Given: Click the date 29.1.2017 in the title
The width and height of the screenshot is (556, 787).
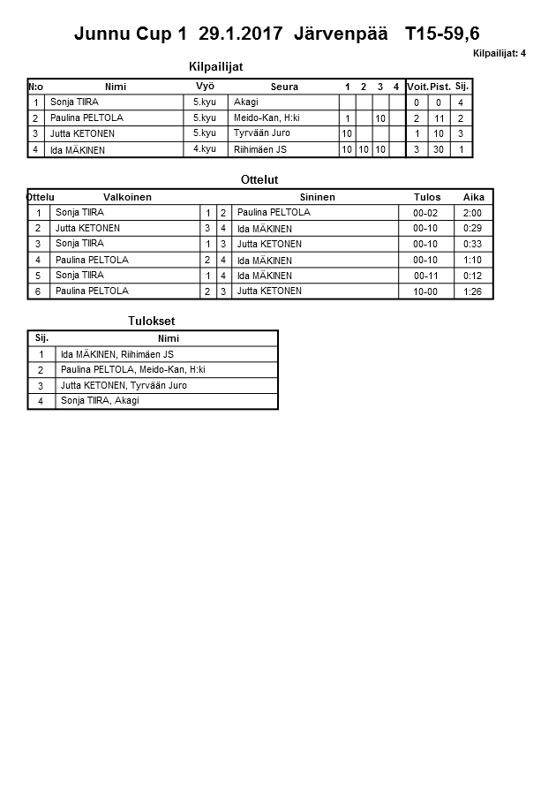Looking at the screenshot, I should tap(241, 34).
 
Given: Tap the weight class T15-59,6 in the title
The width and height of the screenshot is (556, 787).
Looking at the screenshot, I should tap(442, 34).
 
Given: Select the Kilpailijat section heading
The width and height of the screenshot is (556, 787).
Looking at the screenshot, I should tap(216, 66).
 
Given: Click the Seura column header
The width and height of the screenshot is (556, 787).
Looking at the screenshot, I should tap(284, 87).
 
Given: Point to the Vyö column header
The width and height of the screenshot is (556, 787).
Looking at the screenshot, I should tap(205, 86).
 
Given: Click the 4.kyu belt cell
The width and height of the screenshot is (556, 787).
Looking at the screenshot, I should tap(205, 149).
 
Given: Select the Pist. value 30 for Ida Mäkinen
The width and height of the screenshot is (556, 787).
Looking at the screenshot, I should tap(439, 150).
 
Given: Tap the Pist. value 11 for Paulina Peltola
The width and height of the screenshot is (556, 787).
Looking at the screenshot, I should tap(439, 118).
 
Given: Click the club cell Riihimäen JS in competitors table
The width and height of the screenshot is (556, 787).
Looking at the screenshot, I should tap(260, 150).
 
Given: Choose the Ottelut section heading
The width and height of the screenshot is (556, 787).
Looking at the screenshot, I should tap(259, 179).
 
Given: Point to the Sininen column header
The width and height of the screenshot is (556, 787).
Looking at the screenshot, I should tap(317, 197).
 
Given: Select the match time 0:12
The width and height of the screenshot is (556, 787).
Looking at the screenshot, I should tap(473, 276).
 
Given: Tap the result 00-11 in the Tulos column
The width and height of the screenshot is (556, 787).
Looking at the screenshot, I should tap(425, 276).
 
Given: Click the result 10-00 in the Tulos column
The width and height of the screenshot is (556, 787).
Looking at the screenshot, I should tap(425, 291).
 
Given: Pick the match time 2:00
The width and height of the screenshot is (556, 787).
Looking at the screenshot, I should tap(473, 213).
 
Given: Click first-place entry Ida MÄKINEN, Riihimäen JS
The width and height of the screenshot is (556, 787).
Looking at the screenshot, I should tap(116, 354).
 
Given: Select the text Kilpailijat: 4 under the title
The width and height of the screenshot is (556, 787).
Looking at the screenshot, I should tap(500, 53).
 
